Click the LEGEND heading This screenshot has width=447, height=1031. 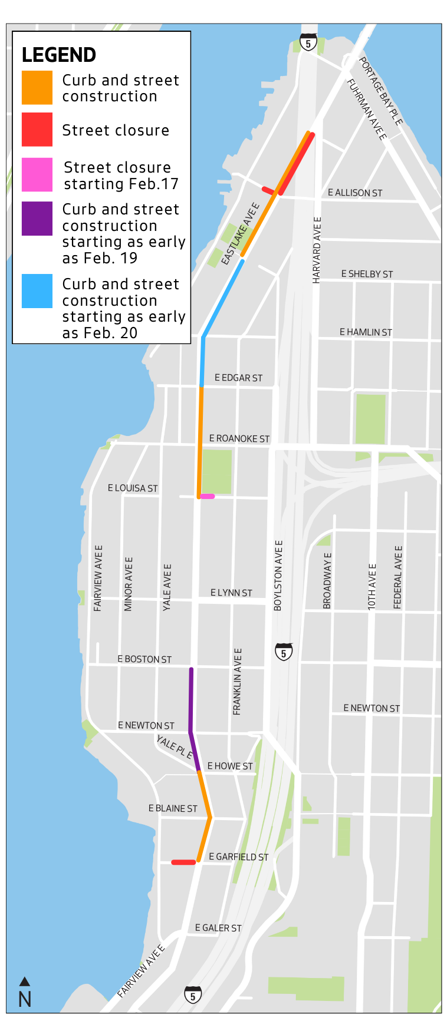coord(58,55)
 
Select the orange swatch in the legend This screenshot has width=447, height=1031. coord(37,87)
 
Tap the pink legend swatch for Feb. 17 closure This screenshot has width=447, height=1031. coord(37,175)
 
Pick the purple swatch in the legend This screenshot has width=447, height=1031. coord(37,219)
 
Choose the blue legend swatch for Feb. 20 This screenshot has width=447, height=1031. coord(37,291)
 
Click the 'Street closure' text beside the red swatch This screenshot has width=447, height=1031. coord(116,130)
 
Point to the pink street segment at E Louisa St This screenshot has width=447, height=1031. coord(207,497)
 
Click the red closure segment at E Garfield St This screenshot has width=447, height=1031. coord(183,862)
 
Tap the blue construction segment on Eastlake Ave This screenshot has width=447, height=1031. coord(221,300)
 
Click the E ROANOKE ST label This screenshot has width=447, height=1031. coord(239,438)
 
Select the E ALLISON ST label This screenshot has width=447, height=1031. coord(355,193)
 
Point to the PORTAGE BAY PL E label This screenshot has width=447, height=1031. coord(381,91)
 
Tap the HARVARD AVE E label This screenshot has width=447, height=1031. coord(317,250)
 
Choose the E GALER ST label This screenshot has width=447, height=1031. coord(218,928)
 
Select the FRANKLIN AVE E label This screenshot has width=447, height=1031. coord(237,682)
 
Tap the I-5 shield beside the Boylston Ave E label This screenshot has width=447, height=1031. coord(284,652)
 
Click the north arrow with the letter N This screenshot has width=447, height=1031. coord(25,992)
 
